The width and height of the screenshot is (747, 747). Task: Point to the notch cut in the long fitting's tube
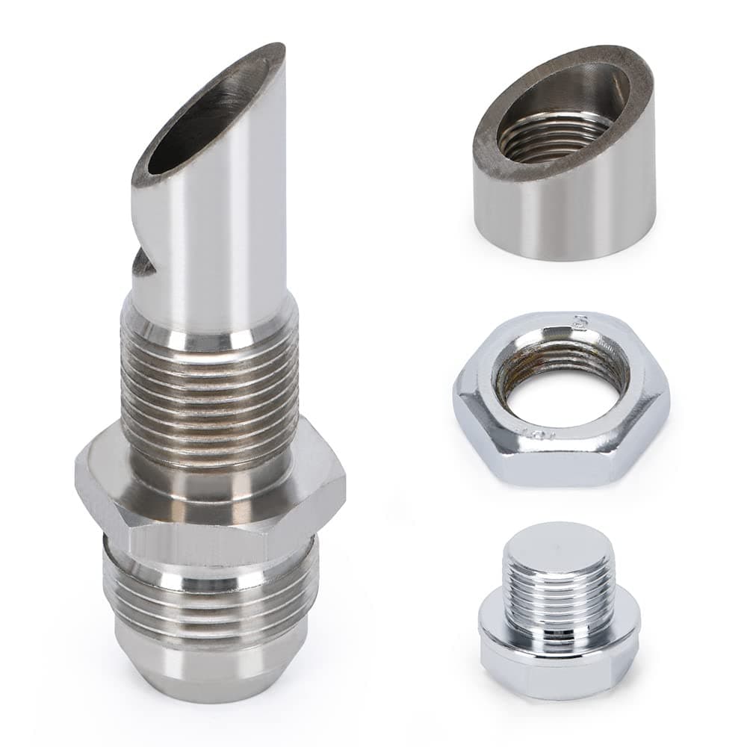coord(144,263)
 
